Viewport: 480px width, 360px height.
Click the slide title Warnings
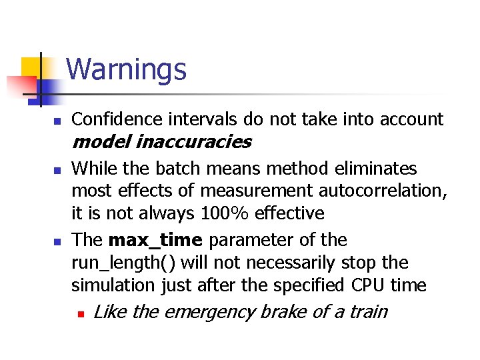pyautogui.click(x=127, y=69)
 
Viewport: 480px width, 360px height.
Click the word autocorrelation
pyautogui.click(x=381, y=191)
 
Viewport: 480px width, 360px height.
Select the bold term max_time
pyautogui.click(x=155, y=240)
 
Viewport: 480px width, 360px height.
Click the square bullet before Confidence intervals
pyautogui.click(x=57, y=121)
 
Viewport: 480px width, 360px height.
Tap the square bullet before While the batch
pyautogui.click(x=57, y=169)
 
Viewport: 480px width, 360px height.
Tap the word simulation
pyautogui.click(x=114, y=285)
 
